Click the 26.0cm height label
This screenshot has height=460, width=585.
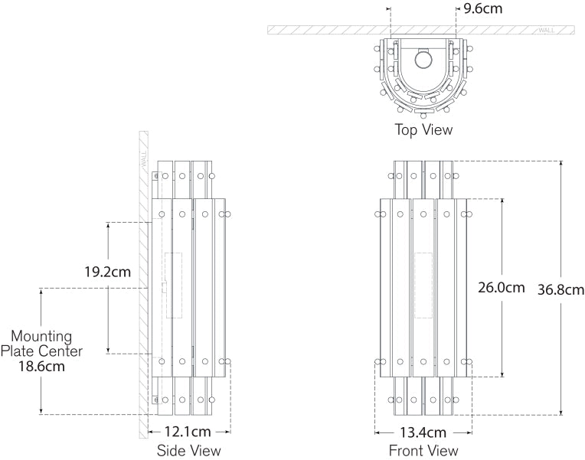pyautogui.click(x=501, y=289)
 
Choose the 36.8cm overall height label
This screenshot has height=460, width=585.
pyautogui.click(x=560, y=289)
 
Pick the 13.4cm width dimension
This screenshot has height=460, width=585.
pyautogui.click(x=423, y=432)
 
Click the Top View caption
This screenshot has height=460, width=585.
pyautogui.click(x=423, y=129)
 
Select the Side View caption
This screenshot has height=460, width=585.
pyautogui.click(x=188, y=451)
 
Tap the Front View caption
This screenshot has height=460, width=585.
pyautogui.click(x=423, y=451)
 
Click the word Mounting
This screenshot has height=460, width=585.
pyautogui.click(x=41, y=336)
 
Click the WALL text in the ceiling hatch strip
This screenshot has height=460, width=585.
pyautogui.click(x=547, y=30)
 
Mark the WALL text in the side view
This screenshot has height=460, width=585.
pyautogui.click(x=143, y=159)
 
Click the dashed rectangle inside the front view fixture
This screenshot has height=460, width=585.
pyautogui.click(x=423, y=285)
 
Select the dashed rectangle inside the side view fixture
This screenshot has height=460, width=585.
pyautogui.click(x=174, y=285)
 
